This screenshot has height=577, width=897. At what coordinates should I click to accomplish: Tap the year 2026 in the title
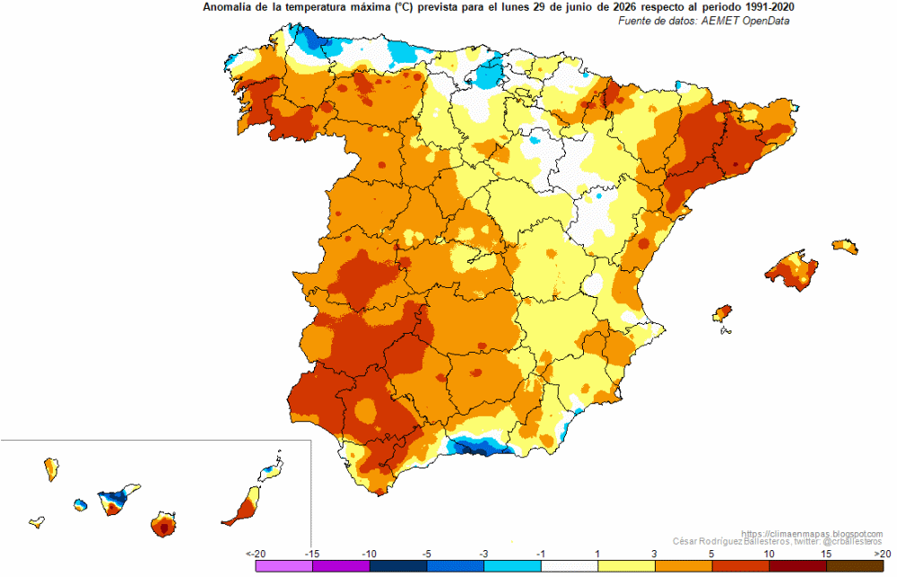pyautogui.click(x=620, y=7)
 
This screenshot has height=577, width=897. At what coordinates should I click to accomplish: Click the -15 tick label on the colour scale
pyautogui.click(x=312, y=554)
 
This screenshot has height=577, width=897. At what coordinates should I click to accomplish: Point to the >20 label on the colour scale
pyautogui.click(x=883, y=554)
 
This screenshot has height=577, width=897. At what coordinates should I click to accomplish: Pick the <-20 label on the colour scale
pyautogui.click(x=256, y=554)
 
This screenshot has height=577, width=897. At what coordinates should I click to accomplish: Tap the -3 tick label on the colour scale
pyautogui.click(x=483, y=554)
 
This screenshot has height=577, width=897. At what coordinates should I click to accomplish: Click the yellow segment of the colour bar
pyautogui.click(x=626, y=565)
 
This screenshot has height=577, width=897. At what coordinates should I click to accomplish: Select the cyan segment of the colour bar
pyautogui.click(x=512, y=565)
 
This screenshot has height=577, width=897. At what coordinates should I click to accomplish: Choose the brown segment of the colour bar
pyautogui.click(x=855, y=565)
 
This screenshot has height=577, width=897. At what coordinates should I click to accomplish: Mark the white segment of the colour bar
pyautogui.click(x=570, y=565)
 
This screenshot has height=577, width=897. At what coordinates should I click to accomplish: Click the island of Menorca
pyautogui.click(x=845, y=246)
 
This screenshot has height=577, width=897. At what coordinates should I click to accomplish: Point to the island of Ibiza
pyautogui.click(x=722, y=313)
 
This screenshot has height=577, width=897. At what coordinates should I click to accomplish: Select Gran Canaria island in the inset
pyautogui.click(x=163, y=524)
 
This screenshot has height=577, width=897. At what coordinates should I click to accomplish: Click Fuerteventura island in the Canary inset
pyautogui.click(x=244, y=506)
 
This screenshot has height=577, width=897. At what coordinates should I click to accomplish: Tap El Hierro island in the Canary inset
pyautogui.click(x=37, y=522)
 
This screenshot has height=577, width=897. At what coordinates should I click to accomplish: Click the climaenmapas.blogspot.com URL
pyautogui.click(x=812, y=534)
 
